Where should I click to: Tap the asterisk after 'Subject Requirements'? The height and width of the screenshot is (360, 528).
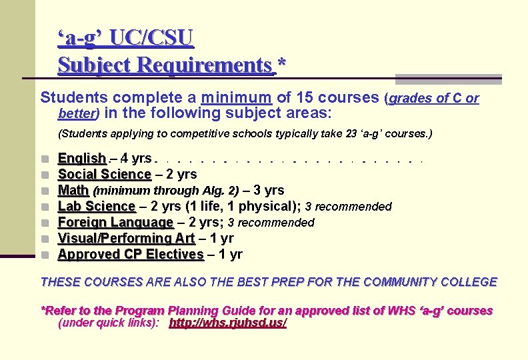pos(281,65)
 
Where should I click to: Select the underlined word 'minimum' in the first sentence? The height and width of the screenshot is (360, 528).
pos(240,97)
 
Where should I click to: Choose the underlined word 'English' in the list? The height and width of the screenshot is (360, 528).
pos(82,159)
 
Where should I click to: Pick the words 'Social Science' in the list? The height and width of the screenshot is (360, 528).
pos(105,175)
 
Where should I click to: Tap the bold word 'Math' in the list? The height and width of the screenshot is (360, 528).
pos(73,191)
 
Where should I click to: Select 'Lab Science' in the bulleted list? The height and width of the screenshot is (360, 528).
pos(97,207)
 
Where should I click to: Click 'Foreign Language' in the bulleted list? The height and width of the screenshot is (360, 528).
pos(115,223)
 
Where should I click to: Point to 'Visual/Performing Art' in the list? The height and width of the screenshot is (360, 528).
pos(126,238)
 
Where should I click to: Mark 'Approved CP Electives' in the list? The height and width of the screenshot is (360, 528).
pos(131,254)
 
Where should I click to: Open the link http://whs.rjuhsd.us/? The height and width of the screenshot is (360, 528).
pos(228,323)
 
